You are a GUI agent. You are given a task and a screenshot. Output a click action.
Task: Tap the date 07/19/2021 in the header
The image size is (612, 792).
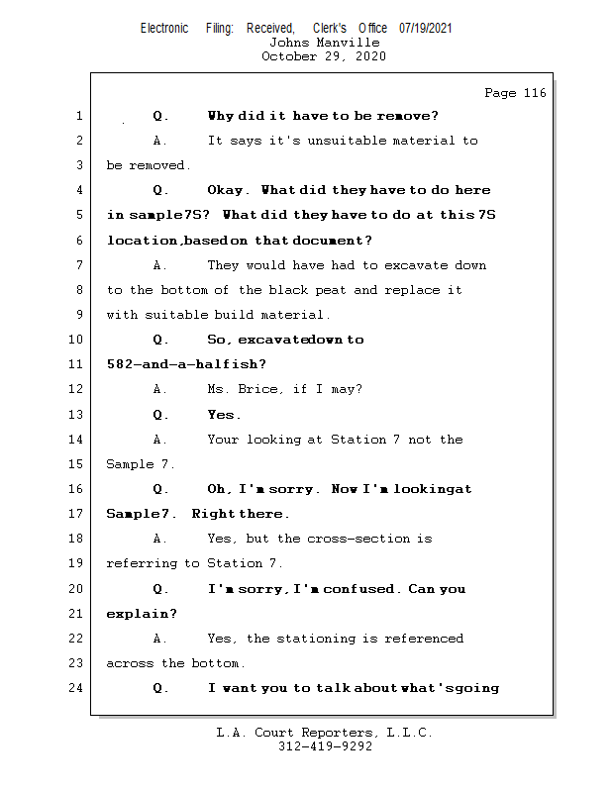(425, 28)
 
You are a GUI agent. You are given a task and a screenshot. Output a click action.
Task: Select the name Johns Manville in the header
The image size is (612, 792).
(324, 43)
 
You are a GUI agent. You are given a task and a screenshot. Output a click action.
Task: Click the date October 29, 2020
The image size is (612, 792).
(324, 56)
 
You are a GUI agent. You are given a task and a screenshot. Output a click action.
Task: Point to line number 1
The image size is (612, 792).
(79, 116)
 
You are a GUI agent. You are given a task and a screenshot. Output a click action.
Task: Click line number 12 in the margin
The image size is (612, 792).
(76, 389)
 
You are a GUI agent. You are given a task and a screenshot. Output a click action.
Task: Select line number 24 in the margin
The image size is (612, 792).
(76, 688)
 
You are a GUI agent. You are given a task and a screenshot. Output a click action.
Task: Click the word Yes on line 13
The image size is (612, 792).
(223, 415)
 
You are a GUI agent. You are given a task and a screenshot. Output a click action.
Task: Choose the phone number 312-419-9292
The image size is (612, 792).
(324, 746)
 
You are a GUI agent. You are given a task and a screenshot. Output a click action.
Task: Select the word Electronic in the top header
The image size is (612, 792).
(164, 28)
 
